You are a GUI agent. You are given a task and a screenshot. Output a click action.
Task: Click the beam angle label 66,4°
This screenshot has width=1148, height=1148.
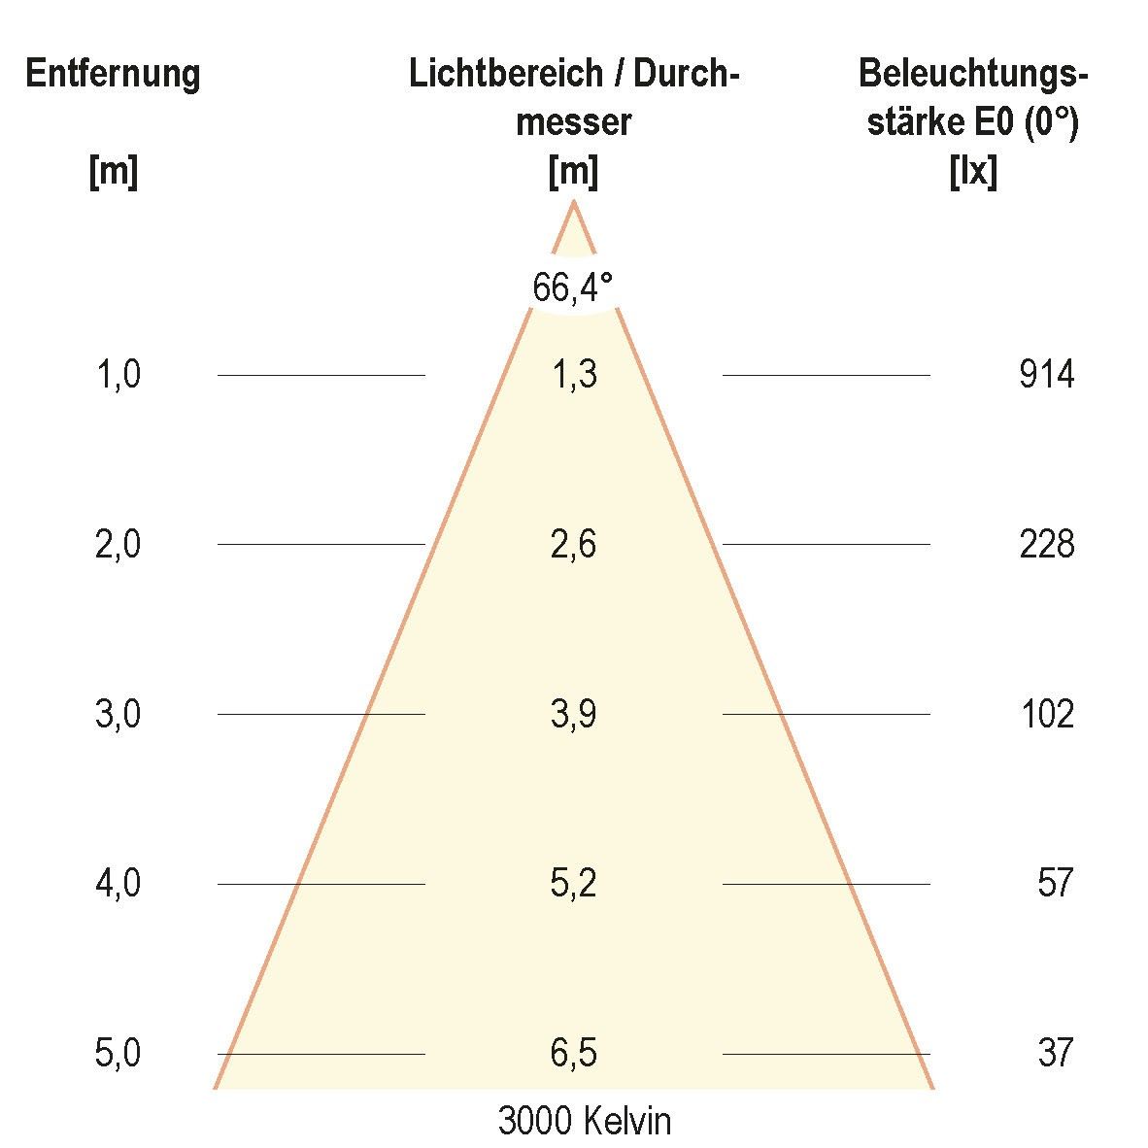(573, 287)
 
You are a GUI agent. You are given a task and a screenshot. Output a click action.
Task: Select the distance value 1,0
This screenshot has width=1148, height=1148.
(118, 374)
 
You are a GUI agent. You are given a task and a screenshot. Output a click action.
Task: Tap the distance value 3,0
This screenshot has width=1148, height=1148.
(118, 714)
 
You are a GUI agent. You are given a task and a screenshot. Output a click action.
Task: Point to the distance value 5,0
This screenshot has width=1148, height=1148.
(118, 1053)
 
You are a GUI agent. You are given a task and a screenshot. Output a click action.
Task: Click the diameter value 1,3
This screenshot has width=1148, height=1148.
(573, 374)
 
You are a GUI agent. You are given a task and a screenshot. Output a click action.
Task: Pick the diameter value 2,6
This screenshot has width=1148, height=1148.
(573, 544)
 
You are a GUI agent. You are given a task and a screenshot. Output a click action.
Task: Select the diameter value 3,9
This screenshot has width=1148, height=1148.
(573, 714)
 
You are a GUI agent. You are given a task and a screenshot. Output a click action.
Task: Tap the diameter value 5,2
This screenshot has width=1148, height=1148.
(573, 883)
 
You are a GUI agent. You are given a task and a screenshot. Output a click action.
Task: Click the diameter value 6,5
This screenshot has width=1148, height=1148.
(573, 1053)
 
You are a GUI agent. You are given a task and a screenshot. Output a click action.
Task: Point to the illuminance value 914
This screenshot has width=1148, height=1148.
(1046, 374)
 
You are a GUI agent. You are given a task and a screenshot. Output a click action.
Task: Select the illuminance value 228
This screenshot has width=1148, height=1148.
(1046, 544)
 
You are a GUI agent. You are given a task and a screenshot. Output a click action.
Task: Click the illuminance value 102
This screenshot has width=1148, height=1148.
(1046, 714)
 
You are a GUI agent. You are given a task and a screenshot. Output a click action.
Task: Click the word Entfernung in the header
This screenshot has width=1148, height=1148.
(113, 74)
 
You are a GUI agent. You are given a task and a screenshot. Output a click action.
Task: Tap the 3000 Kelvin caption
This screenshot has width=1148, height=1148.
(584, 1121)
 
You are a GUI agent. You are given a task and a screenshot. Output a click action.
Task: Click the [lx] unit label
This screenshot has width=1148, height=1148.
(972, 173)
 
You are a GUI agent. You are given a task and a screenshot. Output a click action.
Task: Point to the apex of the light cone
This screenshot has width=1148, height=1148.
(574, 203)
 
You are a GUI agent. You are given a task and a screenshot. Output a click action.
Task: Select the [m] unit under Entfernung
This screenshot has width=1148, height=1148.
(113, 173)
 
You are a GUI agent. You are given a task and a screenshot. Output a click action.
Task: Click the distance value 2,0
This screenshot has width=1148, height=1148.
(118, 544)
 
